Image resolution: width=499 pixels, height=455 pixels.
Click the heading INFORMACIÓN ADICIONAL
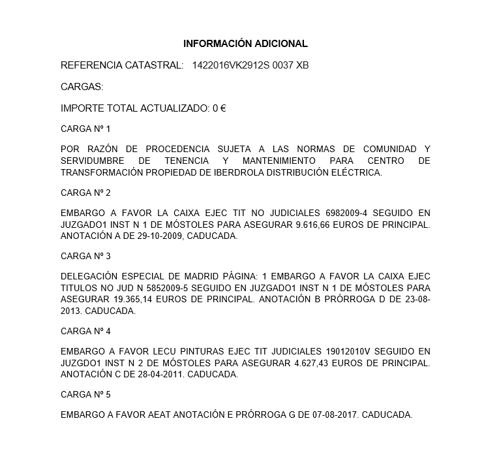[x=245, y=44]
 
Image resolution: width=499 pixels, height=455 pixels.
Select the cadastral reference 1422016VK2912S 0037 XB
[x=250, y=65]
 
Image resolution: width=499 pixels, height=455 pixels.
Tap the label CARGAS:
[x=82, y=87]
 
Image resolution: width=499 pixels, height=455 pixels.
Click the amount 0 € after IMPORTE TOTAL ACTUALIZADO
[x=219, y=108]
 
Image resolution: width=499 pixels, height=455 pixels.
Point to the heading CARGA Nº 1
[x=85, y=129]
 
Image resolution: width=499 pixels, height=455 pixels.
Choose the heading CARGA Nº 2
[x=85, y=193]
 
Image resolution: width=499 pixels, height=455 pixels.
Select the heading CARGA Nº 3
[x=85, y=256]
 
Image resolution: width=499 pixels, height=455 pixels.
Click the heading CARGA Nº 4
[x=85, y=331]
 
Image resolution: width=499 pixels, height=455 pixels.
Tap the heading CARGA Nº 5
[x=85, y=394]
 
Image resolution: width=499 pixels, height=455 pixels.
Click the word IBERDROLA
[x=230, y=173]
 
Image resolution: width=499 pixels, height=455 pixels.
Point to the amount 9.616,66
[x=316, y=225]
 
